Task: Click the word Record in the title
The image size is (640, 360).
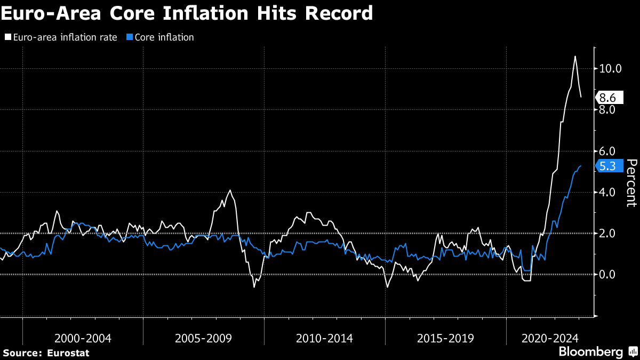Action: [x=339, y=13]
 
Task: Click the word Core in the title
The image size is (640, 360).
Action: [x=133, y=13]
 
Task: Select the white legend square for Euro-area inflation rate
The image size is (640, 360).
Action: [x=7, y=37]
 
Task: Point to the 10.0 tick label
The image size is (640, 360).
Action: [x=610, y=69]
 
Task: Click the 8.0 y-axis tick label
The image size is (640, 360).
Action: [x=608, y=110]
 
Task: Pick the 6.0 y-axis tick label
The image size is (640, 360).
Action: [x=608, y=151]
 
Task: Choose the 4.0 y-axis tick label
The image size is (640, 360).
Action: [x=608, y=192]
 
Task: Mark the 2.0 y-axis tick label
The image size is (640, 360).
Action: [x=608, y=233]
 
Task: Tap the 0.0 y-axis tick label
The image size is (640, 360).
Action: [x=608, y=274]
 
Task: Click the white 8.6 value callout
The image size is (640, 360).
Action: [x=607, y=98]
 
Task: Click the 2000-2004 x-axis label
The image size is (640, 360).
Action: [x=83, y=338]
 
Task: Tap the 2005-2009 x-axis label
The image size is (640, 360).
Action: [x=204, y=338]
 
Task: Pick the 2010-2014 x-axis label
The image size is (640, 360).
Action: [x=325, y=338]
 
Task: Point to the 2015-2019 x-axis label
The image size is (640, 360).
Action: [x=446, y=338]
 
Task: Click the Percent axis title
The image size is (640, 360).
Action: [x=631, y=182]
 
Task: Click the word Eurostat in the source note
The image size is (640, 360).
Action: [x=68, y=353]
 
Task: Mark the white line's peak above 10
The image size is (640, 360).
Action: [x=575, y=57]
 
